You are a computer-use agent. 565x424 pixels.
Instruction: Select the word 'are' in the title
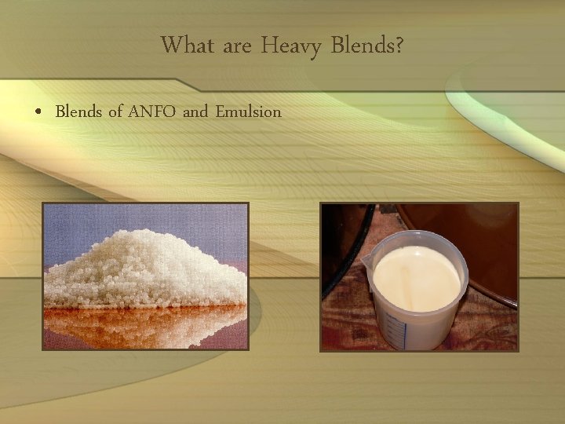click(238, 47)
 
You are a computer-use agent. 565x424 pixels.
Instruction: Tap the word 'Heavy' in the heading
click(291, 47)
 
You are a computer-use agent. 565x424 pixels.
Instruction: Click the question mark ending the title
click(399, 46)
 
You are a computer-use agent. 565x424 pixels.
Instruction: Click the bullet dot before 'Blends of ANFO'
click(38, 112)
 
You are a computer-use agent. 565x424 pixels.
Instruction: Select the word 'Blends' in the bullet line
click(78, 111)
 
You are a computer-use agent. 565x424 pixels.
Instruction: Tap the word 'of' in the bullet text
click(115, 111)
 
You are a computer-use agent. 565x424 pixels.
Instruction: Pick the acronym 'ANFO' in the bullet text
click(152, 111)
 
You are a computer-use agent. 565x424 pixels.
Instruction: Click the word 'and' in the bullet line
click(195, 111)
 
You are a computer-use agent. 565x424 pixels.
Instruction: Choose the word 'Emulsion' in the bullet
click(248, 111)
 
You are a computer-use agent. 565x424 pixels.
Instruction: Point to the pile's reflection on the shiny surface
click(141, 326)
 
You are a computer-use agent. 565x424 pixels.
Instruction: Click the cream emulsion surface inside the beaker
click(416, 275)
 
